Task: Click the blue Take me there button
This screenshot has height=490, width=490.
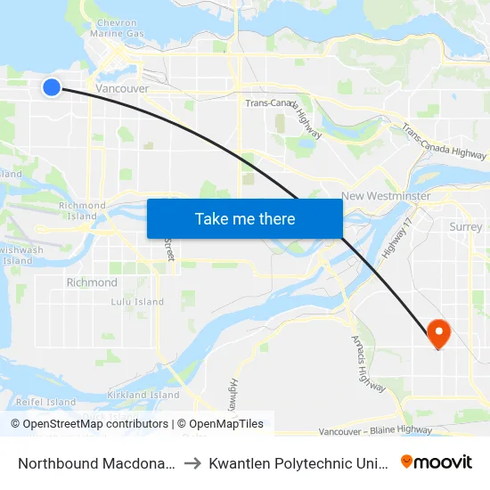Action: tap(244, 218)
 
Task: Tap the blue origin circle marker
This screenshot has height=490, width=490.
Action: tap(52, 86)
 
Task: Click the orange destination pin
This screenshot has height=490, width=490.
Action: tap(438, 334)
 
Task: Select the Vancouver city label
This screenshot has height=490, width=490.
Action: tap(122, 89)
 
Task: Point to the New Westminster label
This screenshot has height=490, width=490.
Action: tap(386, 196)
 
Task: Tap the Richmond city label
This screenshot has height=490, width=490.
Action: tap(92, 282)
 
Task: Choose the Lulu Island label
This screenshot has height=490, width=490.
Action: tap(137, 302)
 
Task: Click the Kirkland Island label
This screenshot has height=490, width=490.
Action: tap(143, 395)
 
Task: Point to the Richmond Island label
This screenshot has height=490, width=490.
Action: tap(82, 211)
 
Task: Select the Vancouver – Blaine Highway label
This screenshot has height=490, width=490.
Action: tap(374, 432)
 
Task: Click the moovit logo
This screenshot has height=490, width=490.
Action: tap(437, 461)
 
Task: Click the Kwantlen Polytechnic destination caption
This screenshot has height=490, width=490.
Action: tap(298, 462)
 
